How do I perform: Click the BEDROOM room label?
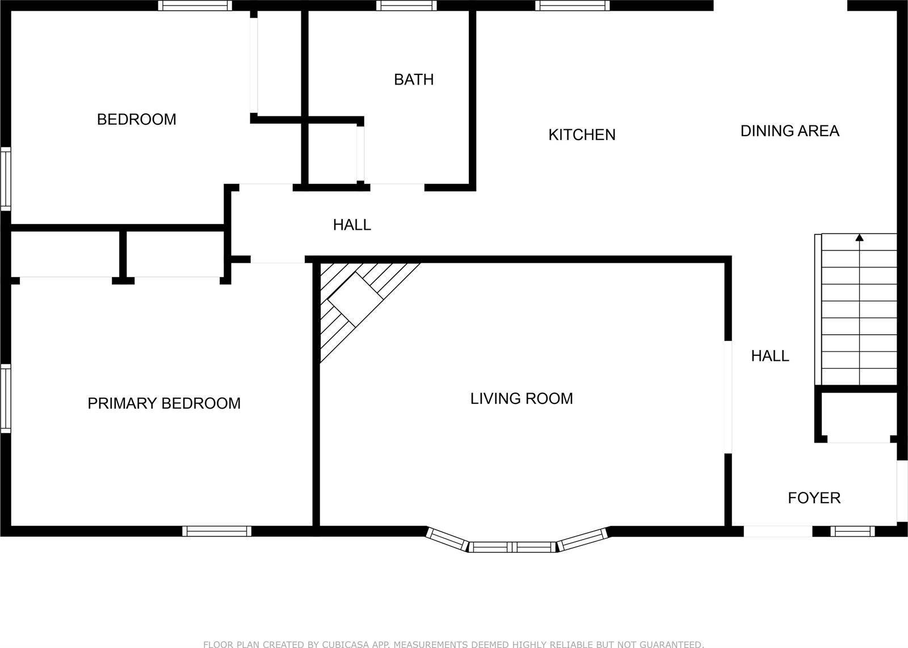tap(137, 120)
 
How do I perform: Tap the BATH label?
tap(414, 80)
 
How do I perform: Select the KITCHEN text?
tap(582, 135)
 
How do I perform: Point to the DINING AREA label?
tap(789, 131)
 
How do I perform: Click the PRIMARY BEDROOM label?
tap(164, 403)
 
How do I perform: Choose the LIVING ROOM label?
tap(522, 399)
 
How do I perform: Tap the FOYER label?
tap(814, 498)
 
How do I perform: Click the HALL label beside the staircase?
tap(770, 356)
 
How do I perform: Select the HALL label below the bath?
tap(352, 225)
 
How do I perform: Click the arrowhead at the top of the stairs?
tap(859, 238)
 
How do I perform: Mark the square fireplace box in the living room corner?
tap(355, 300)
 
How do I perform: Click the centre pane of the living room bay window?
tap(512, 547)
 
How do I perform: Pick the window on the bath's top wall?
tap(406, 6)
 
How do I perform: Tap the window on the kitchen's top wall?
tap(573, 6)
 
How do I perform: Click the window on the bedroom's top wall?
tap(195, 6)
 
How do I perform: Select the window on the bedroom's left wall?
tap(6, 179)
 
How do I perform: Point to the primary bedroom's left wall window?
tap(6, 398)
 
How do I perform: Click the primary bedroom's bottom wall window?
tap(217, 531)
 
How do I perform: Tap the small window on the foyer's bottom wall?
tap(852, 531)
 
